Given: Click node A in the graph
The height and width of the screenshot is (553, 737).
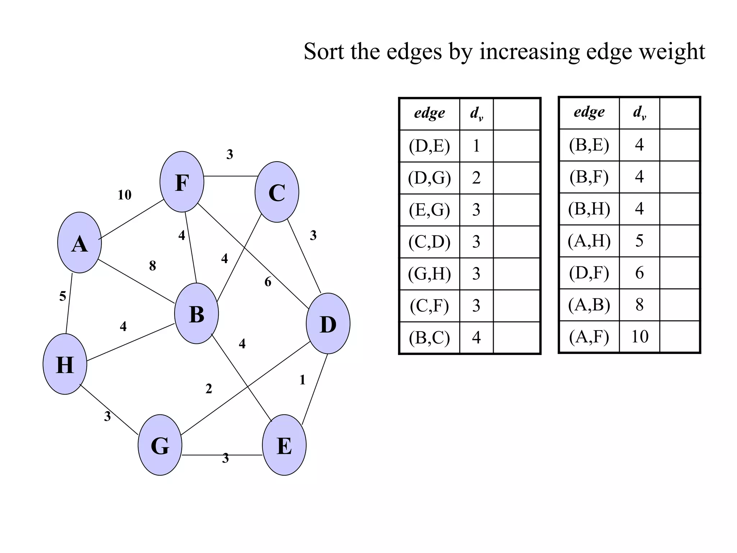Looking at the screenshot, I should click(80, 243).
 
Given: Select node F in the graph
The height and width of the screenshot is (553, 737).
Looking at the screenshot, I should click(182, 182).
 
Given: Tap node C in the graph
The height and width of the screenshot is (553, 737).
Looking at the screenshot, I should click(277, 192).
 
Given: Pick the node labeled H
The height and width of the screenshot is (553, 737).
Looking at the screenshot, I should click(65, 364).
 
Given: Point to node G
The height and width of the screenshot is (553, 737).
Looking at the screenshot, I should click(160, 445).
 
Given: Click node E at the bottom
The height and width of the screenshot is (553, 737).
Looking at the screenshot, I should click(284, 445).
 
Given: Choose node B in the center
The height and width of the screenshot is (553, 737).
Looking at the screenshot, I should click(196, 314).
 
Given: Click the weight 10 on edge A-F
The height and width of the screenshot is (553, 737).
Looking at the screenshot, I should click(125, 195).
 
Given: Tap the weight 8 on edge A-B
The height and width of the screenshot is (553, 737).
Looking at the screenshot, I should click(153, 266).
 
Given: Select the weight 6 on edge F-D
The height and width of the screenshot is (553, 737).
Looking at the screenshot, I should click(268, 282).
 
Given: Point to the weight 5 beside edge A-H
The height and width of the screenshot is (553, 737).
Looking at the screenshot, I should click(63, 296).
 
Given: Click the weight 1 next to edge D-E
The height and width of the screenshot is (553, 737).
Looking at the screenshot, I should click(302, 380).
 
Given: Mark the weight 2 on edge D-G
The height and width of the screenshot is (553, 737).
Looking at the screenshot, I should click(209, 389).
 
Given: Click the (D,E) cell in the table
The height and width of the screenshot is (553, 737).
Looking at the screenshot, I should click(429, 146).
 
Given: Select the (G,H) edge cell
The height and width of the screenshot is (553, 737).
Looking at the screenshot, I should click(429, 274).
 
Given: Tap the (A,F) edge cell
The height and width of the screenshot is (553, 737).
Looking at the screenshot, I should click(589, 337).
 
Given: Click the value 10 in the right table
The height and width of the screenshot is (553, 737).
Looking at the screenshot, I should click(639, 337).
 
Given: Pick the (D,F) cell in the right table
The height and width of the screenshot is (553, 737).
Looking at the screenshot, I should click(589, 273).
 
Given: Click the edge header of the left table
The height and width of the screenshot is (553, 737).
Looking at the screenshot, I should click(429, 113).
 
